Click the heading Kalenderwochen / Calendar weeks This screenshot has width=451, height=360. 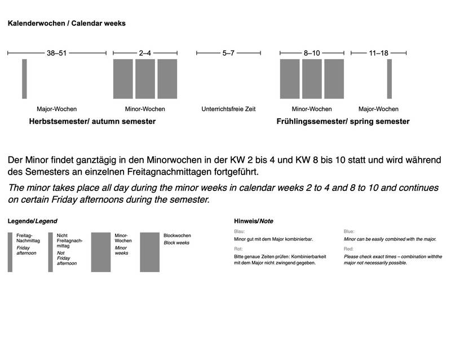(x=66, y=24)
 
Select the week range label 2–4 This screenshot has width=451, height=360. (x=145, y=53)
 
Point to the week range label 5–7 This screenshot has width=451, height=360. (x=228, y=53)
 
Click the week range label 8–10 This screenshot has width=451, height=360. (x=312, y=53)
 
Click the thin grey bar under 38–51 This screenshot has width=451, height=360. (x=24, y=79)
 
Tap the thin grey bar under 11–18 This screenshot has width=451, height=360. (x=389, y=79)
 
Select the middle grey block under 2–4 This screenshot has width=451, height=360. (x=145, y=79)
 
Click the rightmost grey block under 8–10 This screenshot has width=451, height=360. (x=334, y=79)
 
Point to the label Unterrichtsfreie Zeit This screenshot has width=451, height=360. (x=228, y=109)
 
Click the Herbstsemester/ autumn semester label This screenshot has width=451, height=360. (x=92, y=122)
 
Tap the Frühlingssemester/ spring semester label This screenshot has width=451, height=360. (x=343, y=122)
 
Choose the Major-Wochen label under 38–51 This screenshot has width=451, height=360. (x=56, y=109)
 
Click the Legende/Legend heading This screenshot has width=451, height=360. (x=32, y=221)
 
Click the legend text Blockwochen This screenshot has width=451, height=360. (x=177, y=235)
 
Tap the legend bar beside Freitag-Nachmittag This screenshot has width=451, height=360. (x=10, y=252)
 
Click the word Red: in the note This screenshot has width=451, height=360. (x=350, y=247)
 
